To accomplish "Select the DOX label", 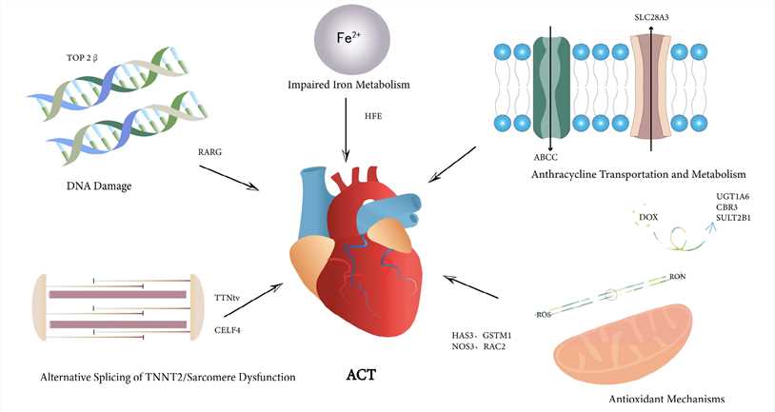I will pyautogui.click(x=648, y=218).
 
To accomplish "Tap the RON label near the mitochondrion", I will pyautogui.click(x=677, y=276).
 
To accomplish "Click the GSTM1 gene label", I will pyautogui.click(x=521, y=335).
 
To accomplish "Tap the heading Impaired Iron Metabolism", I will pyautogui.click(x=348, y=85).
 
